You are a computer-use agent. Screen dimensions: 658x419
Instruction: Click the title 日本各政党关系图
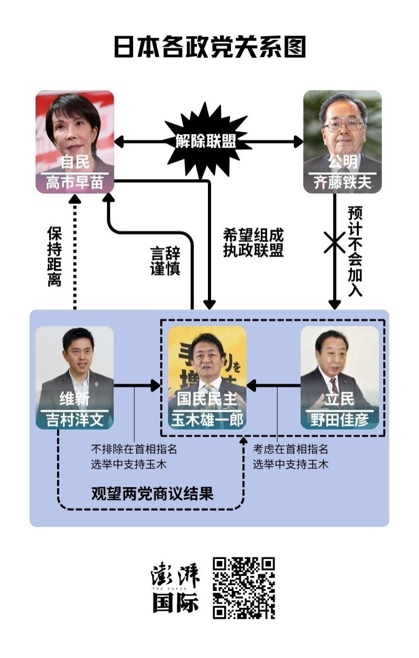point(210,47)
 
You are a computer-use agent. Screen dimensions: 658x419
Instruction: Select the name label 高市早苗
point(75,183)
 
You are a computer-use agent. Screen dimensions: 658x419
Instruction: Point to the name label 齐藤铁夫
point(343,183)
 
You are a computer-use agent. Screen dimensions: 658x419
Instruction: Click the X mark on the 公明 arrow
point(334,243)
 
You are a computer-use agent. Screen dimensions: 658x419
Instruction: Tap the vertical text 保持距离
point(54,257)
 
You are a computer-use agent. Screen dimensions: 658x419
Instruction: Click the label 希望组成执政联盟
point(253,243)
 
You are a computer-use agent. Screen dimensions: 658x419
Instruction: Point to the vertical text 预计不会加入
point(355,251)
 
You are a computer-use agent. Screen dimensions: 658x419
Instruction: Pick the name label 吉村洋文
point(75,420)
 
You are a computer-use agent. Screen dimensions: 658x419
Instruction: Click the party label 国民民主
point(207,400)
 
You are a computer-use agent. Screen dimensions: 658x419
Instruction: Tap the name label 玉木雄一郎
point(207,420)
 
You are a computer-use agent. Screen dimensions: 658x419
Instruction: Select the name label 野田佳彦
point(339,420)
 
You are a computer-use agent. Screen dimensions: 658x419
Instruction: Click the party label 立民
point(339,400)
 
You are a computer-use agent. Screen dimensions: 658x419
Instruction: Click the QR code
point(244,588)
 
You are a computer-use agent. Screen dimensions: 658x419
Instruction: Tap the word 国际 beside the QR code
point(175,603)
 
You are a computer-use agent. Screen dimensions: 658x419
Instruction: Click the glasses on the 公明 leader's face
point(343,126)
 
